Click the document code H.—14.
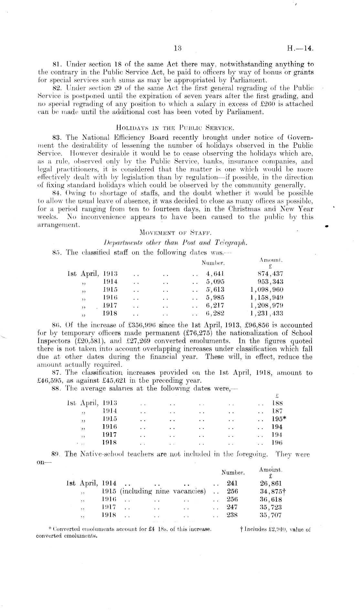300,49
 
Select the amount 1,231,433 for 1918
267,313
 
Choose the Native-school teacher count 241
232,483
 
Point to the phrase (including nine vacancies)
163,491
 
